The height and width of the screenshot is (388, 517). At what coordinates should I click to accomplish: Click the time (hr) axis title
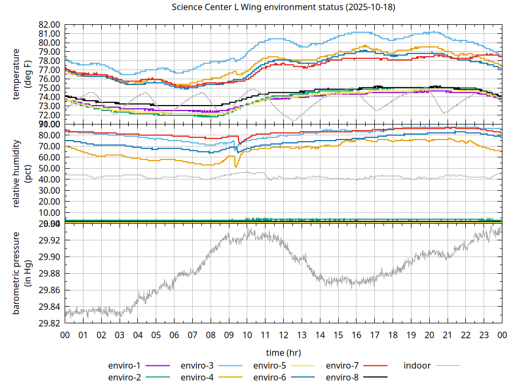pos(283,352)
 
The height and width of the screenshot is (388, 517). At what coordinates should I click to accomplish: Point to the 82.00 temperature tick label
pos(48,25)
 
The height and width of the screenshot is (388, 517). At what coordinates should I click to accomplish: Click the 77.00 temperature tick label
pos(48,70)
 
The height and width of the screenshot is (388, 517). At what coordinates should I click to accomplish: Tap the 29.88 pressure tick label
pos(48,274)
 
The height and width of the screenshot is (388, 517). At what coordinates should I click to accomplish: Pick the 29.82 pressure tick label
pos(48,323)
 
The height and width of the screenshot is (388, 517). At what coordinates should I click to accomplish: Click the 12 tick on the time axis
pos(283,335)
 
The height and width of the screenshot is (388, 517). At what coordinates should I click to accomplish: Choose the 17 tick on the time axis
pos(374,335)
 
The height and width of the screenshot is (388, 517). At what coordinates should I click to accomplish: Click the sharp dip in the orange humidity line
pos(236,167)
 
